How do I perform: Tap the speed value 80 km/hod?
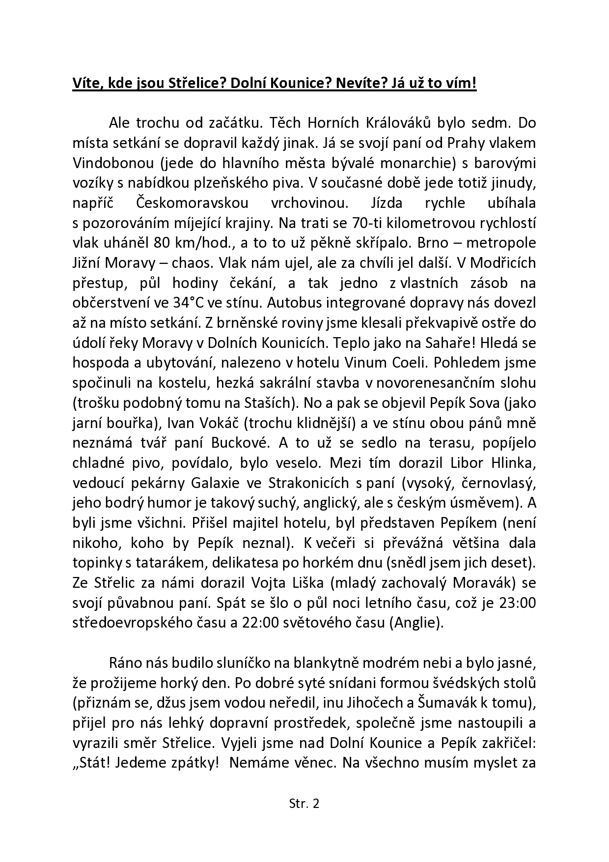182,243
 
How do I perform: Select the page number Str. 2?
304,804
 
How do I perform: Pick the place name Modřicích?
503,263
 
